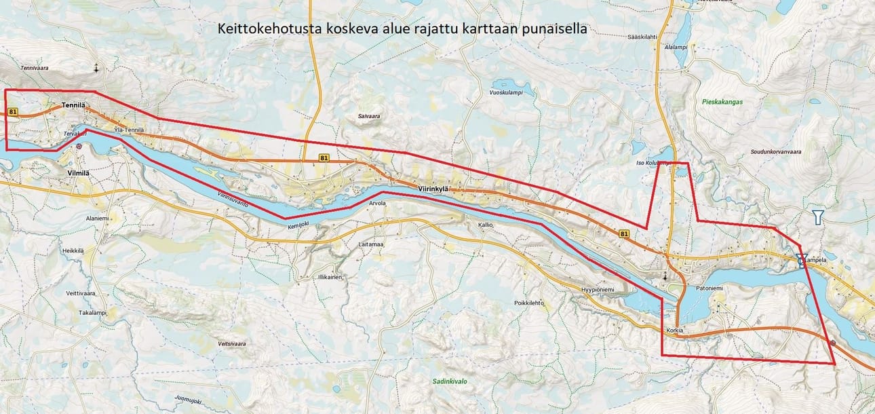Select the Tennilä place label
point(73,105)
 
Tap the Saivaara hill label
point(368,116)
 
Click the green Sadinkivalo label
point(450,381)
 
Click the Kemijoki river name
point(298,226)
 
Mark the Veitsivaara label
point(231,344)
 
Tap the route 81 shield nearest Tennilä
point(12,111)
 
